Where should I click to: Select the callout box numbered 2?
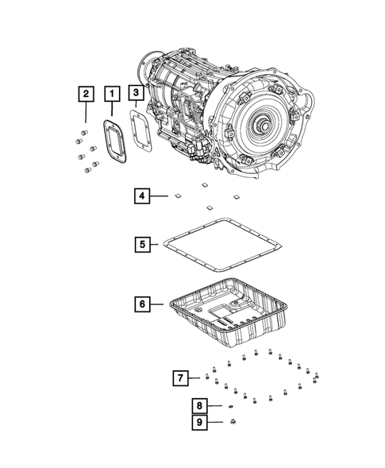coord(83,95)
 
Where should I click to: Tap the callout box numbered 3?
coord(137,95)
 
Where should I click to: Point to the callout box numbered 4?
coord(141,195)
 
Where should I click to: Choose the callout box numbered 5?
coord(141,245)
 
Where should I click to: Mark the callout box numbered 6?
coord(141,304)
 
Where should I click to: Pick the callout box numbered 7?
coord(181,376)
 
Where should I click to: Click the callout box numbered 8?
coord(198,406)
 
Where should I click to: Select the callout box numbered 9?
coord(198,422)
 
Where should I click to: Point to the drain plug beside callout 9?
coord(232,423)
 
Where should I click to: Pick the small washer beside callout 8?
coord(230,407)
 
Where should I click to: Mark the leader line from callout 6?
coord(160,304)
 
